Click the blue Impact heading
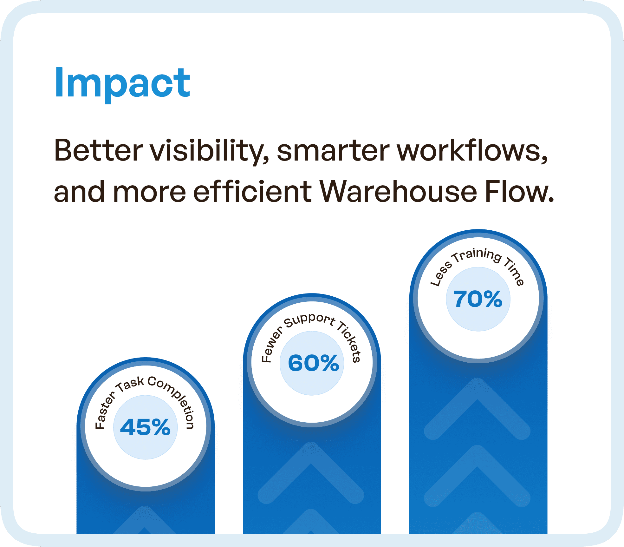coord(122,83)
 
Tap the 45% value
coord(146,427)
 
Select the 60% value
coord(313,363)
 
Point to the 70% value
coord(478,299)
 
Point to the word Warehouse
coord(398,192)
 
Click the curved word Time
coord(514,272)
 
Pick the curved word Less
coord(441,274)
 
